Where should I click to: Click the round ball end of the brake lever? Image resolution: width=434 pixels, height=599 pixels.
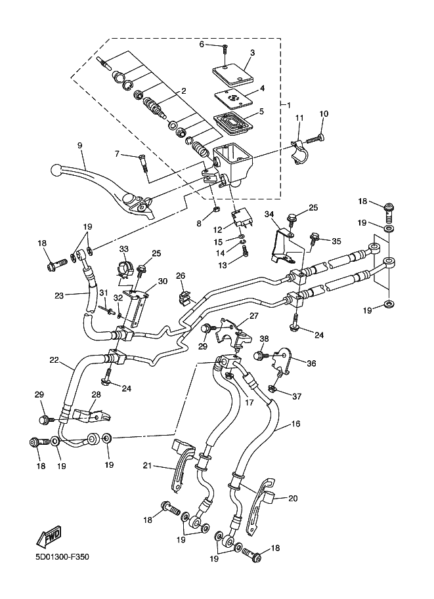(x=56, y=170)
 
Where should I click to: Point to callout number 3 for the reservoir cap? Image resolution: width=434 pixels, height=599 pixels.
(x=252, y=52)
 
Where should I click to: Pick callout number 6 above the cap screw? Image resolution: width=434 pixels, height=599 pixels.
(x=203, y=44)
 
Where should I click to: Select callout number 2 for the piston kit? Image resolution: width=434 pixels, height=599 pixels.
(x=184, y=91)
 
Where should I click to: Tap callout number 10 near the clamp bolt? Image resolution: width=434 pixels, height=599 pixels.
(x=323, y=114)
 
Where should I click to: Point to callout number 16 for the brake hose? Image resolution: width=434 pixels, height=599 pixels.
(x=296, y=424)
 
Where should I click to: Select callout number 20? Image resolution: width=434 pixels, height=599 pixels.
(x=292, y=498)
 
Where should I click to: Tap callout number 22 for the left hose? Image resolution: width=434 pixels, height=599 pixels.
(x=54, y=359)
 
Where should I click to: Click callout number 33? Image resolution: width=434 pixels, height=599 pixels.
(x=123, y=249)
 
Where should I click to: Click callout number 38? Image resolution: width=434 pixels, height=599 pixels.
(x=264, y=339)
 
